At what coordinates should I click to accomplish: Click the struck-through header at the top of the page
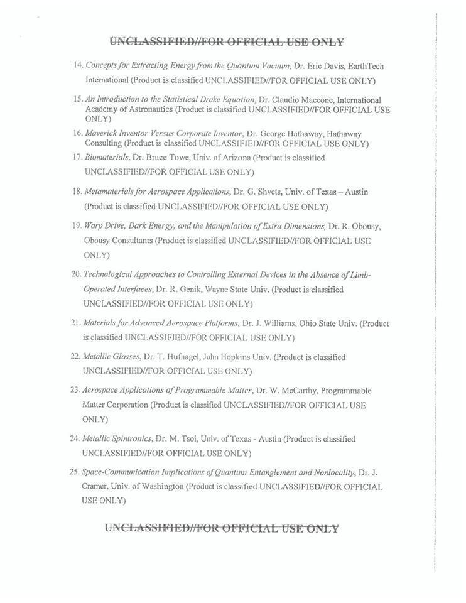tap(227, 42)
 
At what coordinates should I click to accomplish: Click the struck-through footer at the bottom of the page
tap(221, 529)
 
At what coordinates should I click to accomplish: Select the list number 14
tap(79, 65)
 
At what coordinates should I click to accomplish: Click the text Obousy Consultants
tap(118, 241)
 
